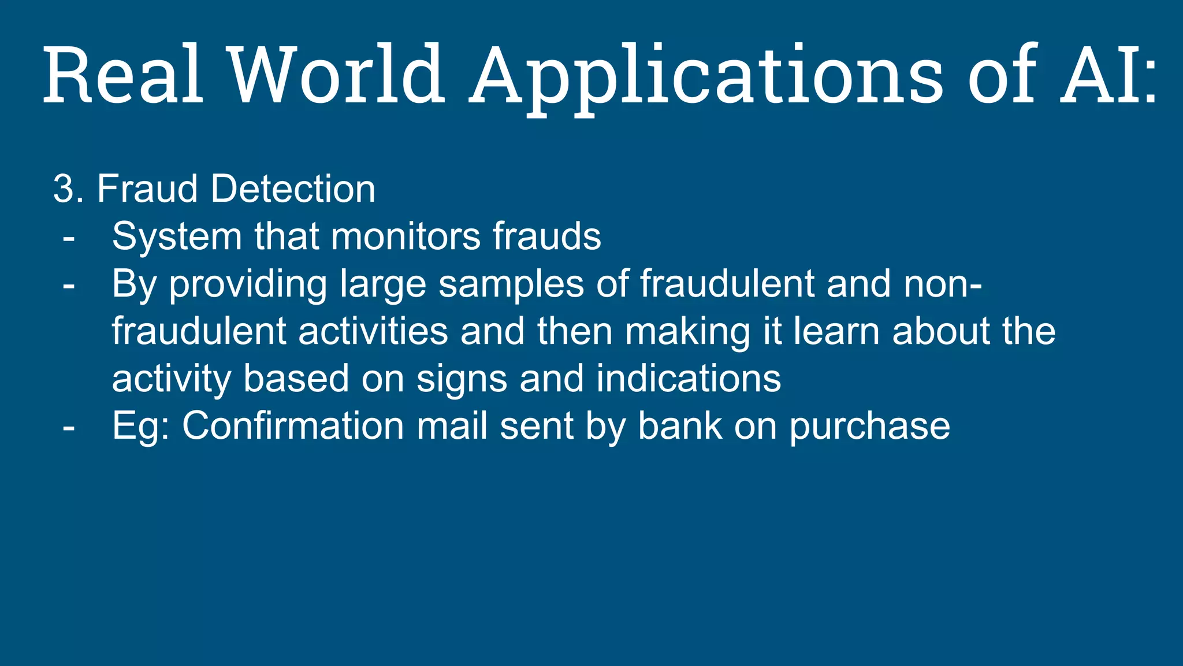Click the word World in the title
[x=337, y=75]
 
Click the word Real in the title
[x=124, y=75]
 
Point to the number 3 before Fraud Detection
[x=65, y=189]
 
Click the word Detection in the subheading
[x=293, y=189]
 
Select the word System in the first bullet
[x=177, y=236]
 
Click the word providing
[x=248, y=284]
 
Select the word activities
[x=373, y=331]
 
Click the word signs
[x=462, y=379]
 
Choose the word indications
[x=689, y=379]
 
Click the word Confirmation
[x=293, y=426]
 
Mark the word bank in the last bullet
[x=679, y=426]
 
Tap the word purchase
[x=869, y=426]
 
